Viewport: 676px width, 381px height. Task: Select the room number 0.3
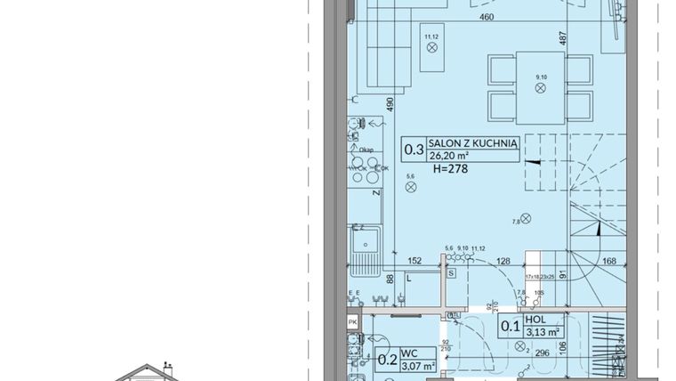click(414, 150)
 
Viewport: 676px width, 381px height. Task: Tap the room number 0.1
click(510, 326)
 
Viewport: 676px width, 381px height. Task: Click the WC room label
click(406, 353)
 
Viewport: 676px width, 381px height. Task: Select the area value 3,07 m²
click(417, 366)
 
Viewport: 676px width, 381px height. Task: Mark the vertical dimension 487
click(562, 38)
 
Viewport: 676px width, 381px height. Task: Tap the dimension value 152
click(414, 261)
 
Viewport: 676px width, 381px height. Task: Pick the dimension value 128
click(503, 261)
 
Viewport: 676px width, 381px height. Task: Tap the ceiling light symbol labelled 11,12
click(432, 48)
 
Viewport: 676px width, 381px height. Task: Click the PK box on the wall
click(352, 321)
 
